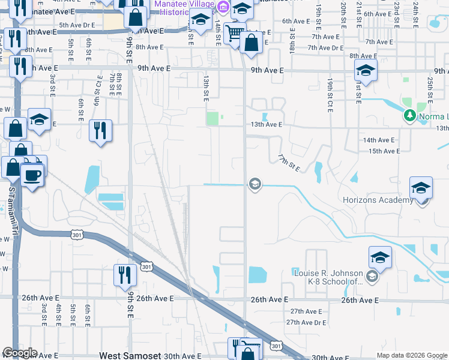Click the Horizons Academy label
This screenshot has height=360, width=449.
(x=378, y=200)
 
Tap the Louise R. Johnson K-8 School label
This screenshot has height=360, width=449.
(x=328, y=277)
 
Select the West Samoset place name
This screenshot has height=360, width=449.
(x=130, y=356)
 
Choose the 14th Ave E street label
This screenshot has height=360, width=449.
(x=379, y=140)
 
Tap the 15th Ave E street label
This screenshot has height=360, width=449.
(x=384, y=152)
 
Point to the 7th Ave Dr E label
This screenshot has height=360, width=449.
(x=325, y=47)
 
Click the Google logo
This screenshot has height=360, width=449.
(x=20, y=353)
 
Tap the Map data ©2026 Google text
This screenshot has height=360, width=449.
(x=411, y=355)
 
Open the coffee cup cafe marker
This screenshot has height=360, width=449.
(x=31, y=175)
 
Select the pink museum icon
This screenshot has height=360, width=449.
(x=223, y=8)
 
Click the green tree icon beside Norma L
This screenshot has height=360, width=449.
(x=411, y=115)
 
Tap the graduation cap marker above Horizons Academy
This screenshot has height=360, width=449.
(x=421, y=188)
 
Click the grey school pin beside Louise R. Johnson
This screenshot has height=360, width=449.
(x=372, y=276)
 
